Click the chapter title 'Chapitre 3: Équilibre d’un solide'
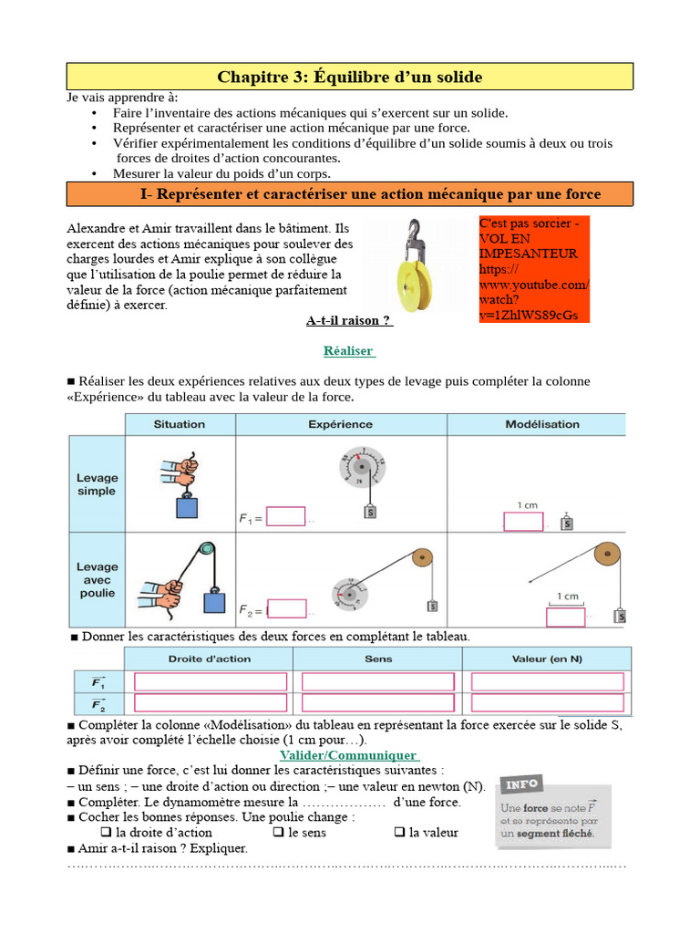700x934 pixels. [x=349, y=77]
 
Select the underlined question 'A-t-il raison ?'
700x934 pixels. [x=348, y=321]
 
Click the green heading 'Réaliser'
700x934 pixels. [x=349, y=351]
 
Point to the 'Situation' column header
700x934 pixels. [x=180, y=424]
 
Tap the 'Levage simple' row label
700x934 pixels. [x=97, y=484]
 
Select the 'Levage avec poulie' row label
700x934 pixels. [x=97, y=579]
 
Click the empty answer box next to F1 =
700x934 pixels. [x=285, y=517]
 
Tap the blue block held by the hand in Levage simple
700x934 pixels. [x=187, y=507]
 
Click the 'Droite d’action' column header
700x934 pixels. [x=210, y=659]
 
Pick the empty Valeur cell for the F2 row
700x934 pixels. [x=547, y=704]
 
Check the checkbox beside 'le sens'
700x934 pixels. [x=279, y=833]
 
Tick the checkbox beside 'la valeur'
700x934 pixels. [x=399, y=833]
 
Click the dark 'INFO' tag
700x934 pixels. [x=522, y=785]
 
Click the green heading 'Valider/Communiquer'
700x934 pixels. [x=349, y=755]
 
